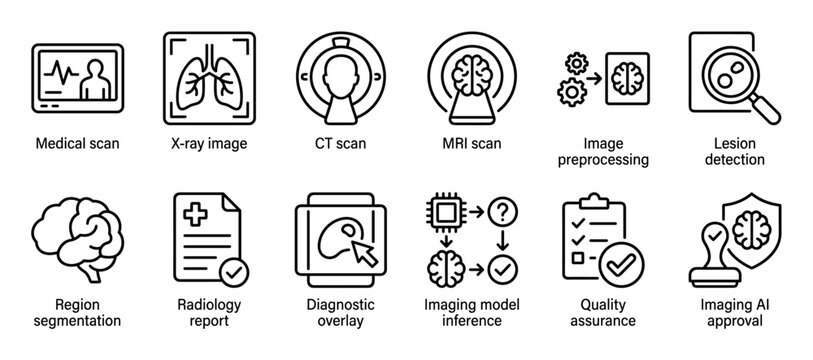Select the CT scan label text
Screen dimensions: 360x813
tap(333, 143)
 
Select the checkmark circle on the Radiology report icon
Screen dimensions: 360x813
tap(234, 272)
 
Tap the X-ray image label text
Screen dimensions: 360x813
tap(204, 143)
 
